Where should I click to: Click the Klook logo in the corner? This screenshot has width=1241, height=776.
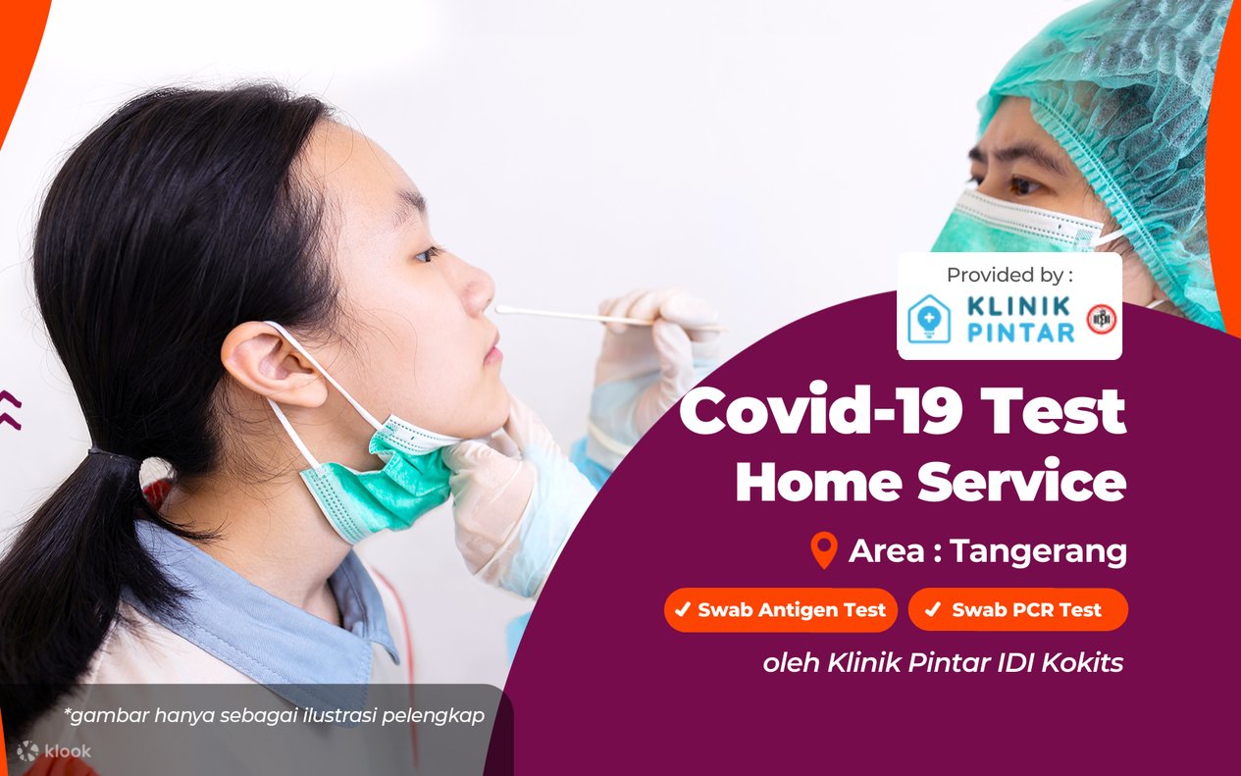tap(54, 751)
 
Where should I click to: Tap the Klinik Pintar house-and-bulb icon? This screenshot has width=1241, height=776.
tap(929, 319)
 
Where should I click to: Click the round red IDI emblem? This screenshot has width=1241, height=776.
tap(1101, 319)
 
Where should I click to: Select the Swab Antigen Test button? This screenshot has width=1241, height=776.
tap(781, 610)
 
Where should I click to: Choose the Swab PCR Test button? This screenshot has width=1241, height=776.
tap(1017, 610)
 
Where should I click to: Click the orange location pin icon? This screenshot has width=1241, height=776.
tap(824, 550)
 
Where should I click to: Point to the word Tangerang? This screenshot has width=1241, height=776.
tap(1039, 552)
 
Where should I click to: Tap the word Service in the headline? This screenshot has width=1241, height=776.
tap(1021, 482)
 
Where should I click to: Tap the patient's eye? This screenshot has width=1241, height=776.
tap(428, 254)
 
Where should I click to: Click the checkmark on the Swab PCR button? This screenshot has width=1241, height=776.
tap(933, 609)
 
